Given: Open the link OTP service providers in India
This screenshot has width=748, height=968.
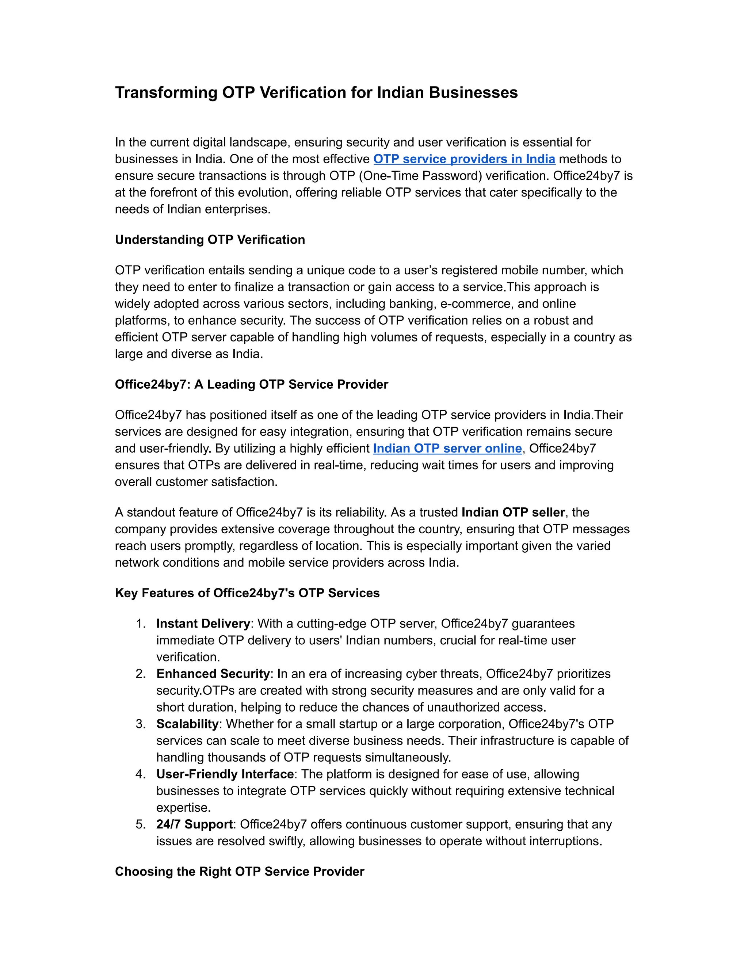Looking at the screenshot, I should coord(464,159).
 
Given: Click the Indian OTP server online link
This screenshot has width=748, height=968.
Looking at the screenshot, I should coord(447,449).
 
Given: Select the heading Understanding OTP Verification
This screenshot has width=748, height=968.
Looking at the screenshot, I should coord(210,240).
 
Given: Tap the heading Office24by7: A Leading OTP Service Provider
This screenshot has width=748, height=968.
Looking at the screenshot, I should coord(251,384).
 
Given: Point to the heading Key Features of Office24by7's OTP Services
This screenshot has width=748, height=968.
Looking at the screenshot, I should coord(247,593).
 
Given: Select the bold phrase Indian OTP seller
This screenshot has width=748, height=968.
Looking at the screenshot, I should coord(513,512).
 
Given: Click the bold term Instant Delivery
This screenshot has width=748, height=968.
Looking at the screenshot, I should coord(203,624).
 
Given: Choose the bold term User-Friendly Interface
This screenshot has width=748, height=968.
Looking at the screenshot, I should coord(225,774).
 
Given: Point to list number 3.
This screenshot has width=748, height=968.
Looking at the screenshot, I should coord(141,724).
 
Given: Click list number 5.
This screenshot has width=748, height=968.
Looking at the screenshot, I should coord(141,824).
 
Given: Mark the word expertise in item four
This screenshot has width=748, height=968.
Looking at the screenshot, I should coord(183,808).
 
